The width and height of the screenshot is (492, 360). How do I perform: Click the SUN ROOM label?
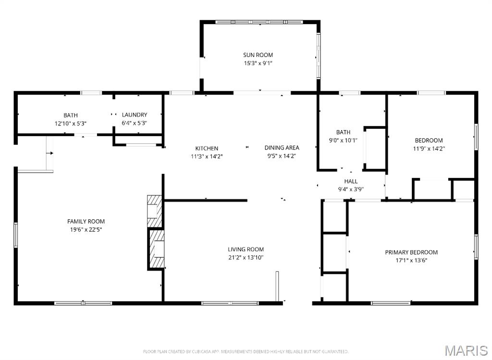(258, 55)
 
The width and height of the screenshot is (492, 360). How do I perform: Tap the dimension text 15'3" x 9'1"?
(258, 63)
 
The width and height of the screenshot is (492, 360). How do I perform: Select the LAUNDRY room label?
(135, 115)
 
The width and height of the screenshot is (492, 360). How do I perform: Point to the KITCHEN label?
(207, 149)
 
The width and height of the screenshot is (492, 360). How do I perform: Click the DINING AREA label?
(282, 148)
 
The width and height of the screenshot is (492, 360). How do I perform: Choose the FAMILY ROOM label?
(86, 222)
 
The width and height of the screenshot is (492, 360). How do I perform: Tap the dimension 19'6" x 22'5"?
(86, 229)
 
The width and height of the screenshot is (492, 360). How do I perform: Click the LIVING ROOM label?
(246, 249)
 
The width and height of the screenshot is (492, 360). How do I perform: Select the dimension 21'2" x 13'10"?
(246, 257)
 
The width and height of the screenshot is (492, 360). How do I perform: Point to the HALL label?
(351, 181)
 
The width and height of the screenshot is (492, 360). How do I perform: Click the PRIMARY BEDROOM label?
(411, 252)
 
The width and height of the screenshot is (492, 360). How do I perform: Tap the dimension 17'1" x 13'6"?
(411, 260)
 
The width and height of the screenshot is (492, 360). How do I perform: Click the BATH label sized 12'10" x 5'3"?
(71, 115)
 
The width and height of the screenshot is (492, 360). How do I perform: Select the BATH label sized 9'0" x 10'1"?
(343, 132)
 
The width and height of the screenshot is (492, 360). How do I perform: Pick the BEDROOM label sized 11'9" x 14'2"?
(429, 141)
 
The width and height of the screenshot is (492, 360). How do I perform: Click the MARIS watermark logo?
(466, 350)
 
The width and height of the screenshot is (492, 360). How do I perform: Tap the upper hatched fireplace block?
(154, 211)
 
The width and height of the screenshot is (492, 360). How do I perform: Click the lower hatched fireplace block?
(156, 249)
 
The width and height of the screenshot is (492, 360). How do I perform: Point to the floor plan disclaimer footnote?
(246, 352)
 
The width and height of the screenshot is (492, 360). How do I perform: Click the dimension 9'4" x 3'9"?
(351, 189)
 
